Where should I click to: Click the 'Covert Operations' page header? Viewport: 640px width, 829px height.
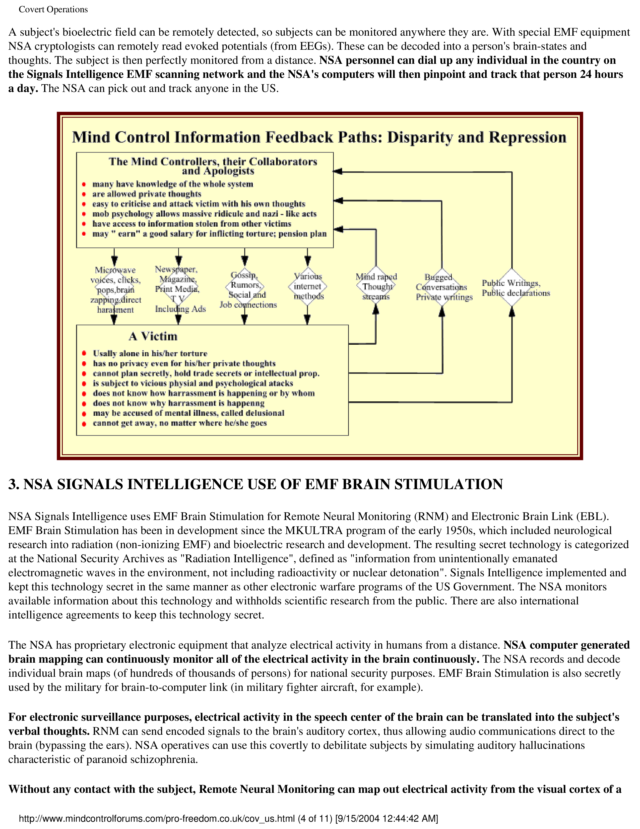pyautogui.click(x=53, y=10)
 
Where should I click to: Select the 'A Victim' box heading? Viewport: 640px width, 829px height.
pyautogui.click(x=153, y=336)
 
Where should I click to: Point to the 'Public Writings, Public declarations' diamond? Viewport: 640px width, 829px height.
pyautogui.click(x=512, y=288)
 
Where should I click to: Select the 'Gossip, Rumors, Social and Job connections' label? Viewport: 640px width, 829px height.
pyautogui.click(x=247, y=290)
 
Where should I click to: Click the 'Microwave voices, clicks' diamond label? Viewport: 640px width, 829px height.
pyautogui.click(x=115, y=290)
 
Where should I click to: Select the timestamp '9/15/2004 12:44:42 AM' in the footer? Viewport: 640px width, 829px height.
pyautogui.click(x=387, y=818)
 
